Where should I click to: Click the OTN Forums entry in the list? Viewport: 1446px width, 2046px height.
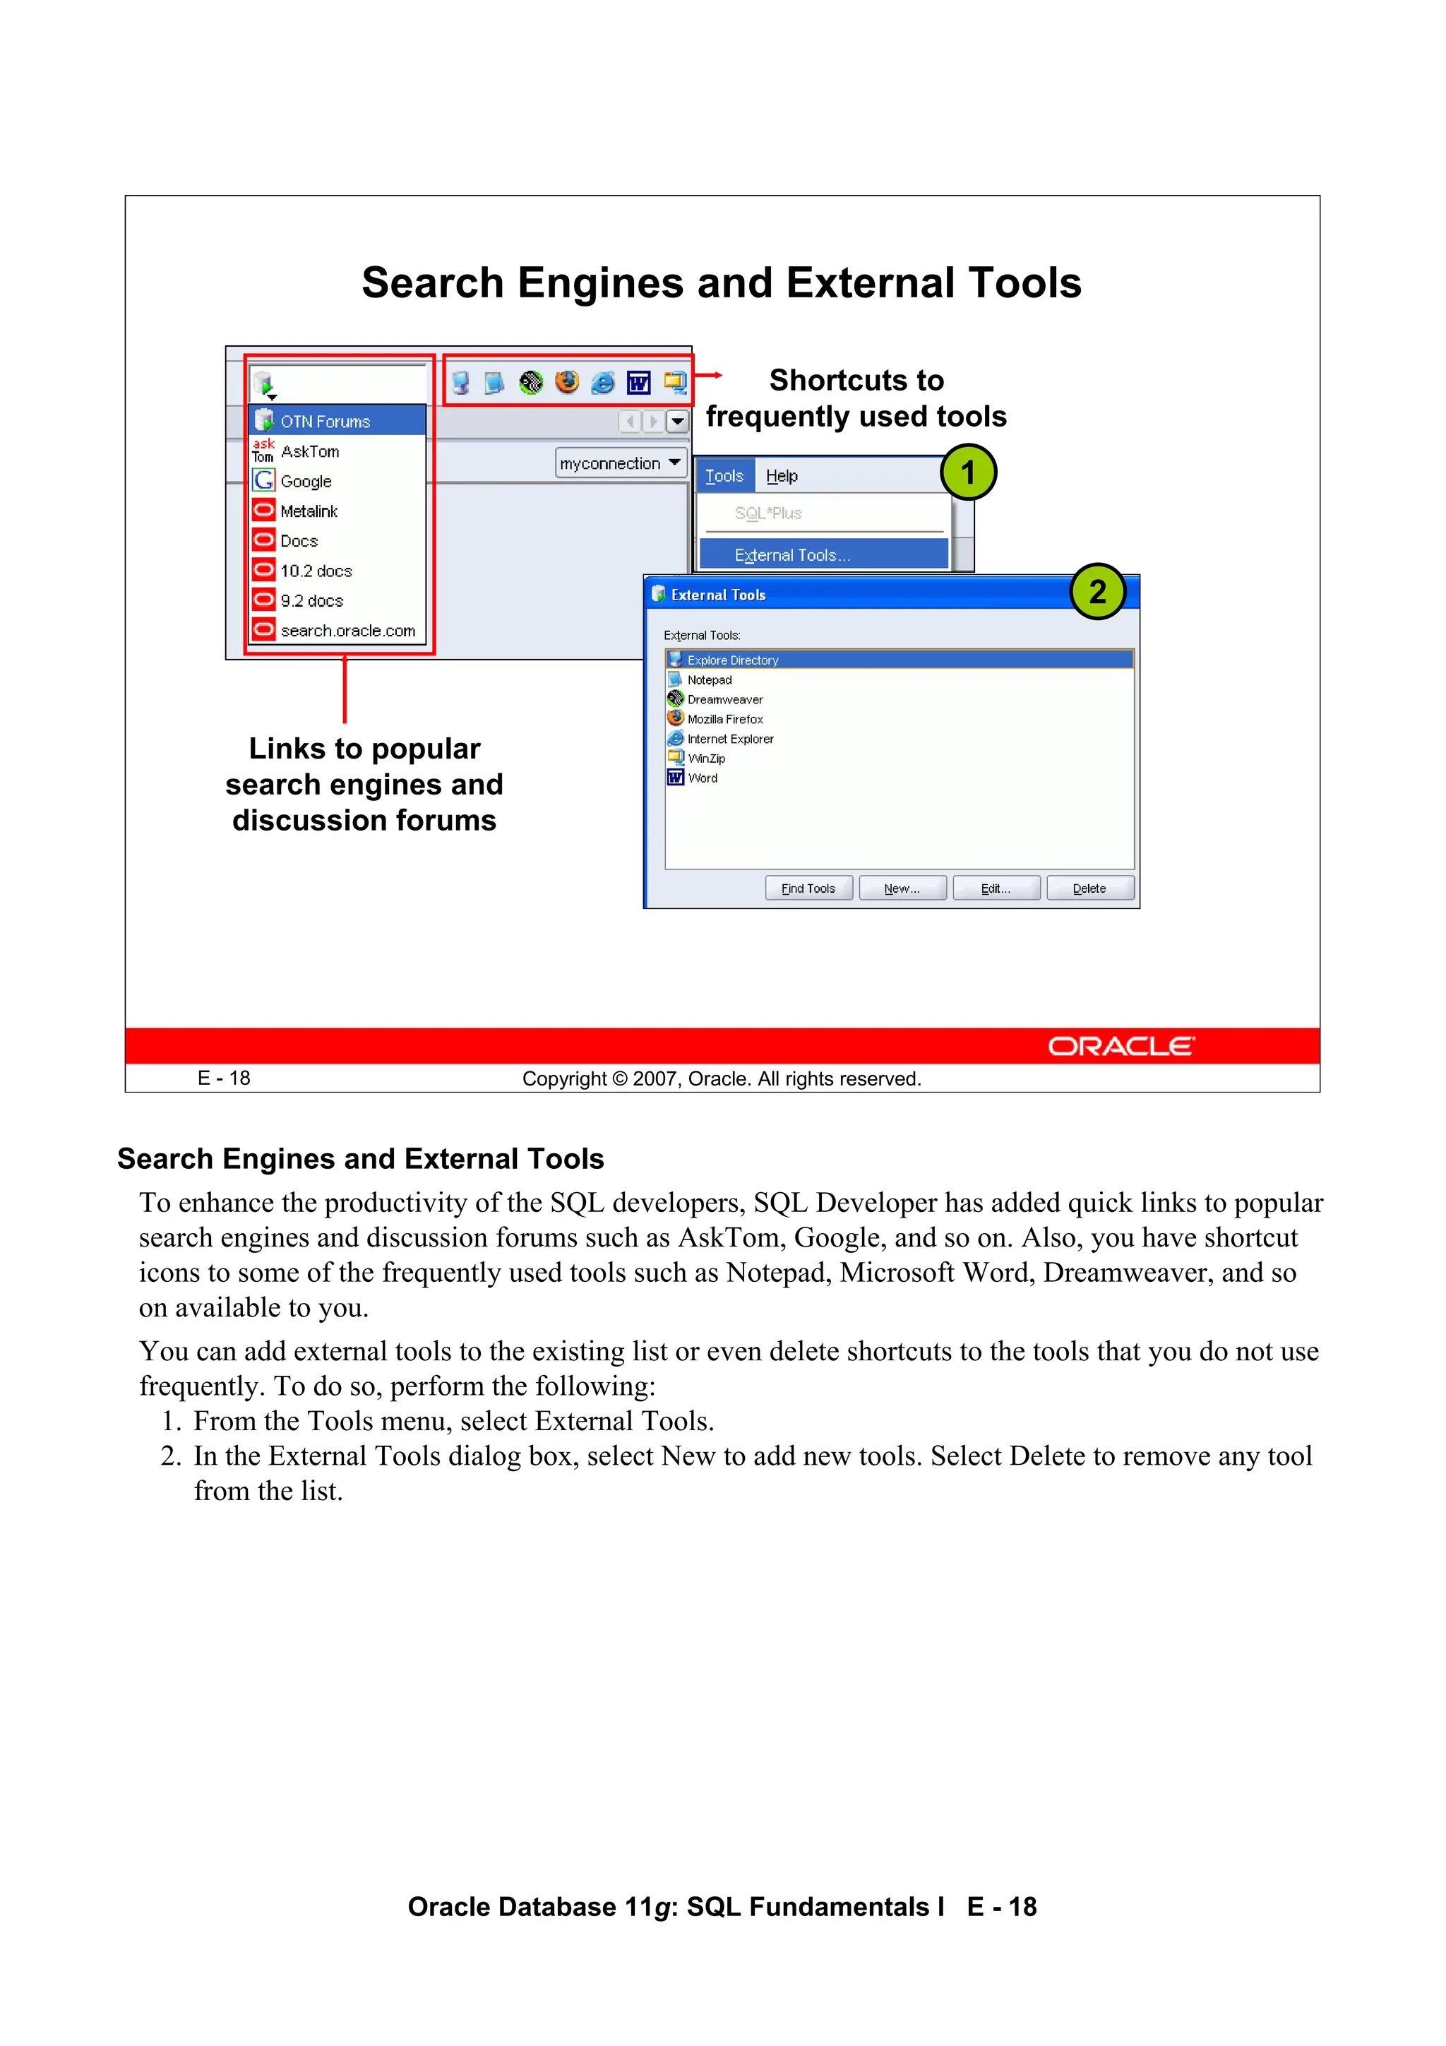[x=325, y=422]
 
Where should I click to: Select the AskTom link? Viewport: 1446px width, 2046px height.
[x=309, y=452]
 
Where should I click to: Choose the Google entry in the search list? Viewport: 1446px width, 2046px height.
[x=306, y=481]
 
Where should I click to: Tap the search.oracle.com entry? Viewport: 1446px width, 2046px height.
[x=347, y=631]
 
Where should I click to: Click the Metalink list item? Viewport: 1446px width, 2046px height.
[x=309, y=511]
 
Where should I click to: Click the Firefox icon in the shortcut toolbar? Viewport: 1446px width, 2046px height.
[x=567, y=382]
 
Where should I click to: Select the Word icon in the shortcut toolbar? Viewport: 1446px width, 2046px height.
[x=638, y=383]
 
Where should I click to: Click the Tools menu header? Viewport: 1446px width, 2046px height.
[x=724, y=476]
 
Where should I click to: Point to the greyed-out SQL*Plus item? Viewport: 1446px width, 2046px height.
[x=768, y=513]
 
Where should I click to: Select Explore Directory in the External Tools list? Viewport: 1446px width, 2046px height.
[x=732, y=660]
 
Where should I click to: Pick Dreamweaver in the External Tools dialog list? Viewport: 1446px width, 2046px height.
[x=724, y=699]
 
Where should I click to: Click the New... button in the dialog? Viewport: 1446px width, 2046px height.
[x=902, y=888]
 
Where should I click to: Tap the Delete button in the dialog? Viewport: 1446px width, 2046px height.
[x=1089, y=888]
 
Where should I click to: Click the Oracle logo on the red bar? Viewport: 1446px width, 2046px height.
[x=1120, y=1046]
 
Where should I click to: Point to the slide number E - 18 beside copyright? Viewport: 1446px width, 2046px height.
[x=224, y=1078]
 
